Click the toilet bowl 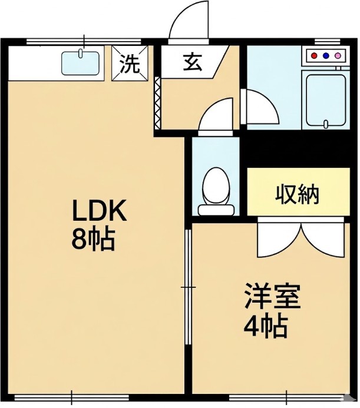pos(216,186)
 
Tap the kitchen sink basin pos(81,63)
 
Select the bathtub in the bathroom pos(326,100)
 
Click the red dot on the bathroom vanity pos(315,56)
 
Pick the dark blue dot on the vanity pos(326,56)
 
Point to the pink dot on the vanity pos(338,56)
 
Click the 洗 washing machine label pos(130,64)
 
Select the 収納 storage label pos(298,194)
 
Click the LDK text pos(99,210)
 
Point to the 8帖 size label pos(93,240)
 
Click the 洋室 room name pos(272,297)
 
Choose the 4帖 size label pos(266,327)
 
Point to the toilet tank pos(216,210)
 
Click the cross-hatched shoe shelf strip pos(157,103)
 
